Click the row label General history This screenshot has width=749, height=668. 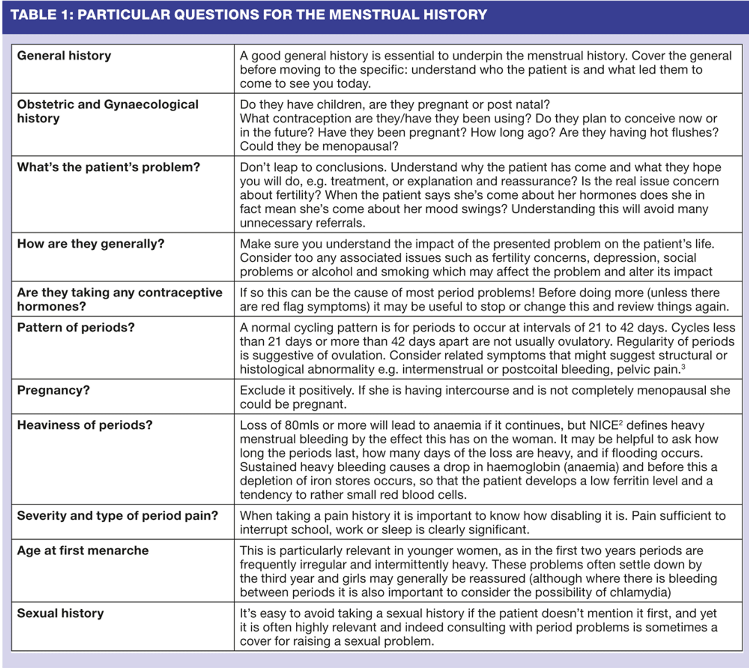64,56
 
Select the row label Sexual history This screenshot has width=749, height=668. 60,613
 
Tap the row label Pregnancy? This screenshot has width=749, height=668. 53,390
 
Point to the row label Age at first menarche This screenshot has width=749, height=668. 83,550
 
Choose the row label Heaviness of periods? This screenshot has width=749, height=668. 85,425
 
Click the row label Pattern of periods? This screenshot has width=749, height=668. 76,327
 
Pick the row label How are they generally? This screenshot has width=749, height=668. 91,244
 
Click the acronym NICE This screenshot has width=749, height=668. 604,425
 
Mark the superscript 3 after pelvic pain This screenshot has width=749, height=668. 683,367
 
